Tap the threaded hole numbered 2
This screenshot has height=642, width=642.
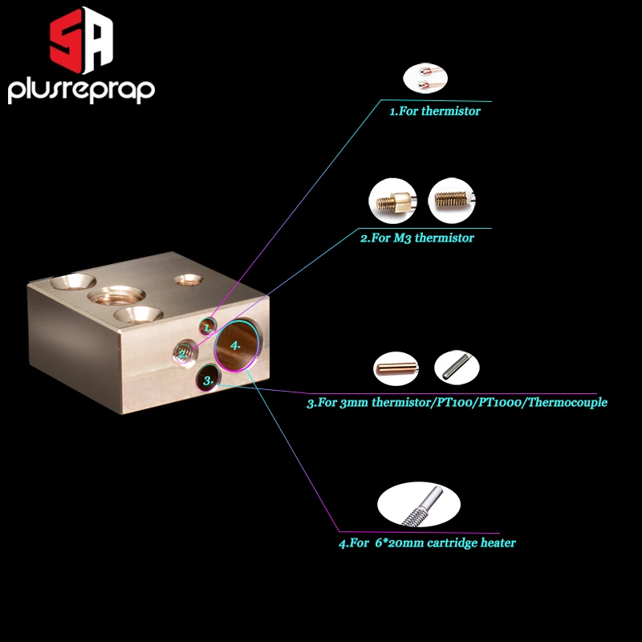click(184, 351)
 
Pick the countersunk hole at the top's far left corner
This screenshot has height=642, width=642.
click(71, 282)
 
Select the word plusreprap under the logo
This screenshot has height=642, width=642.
click(81, 91)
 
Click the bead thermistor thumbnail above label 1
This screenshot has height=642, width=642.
click(425, 79)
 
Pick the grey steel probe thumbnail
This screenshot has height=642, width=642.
click(457, 368)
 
